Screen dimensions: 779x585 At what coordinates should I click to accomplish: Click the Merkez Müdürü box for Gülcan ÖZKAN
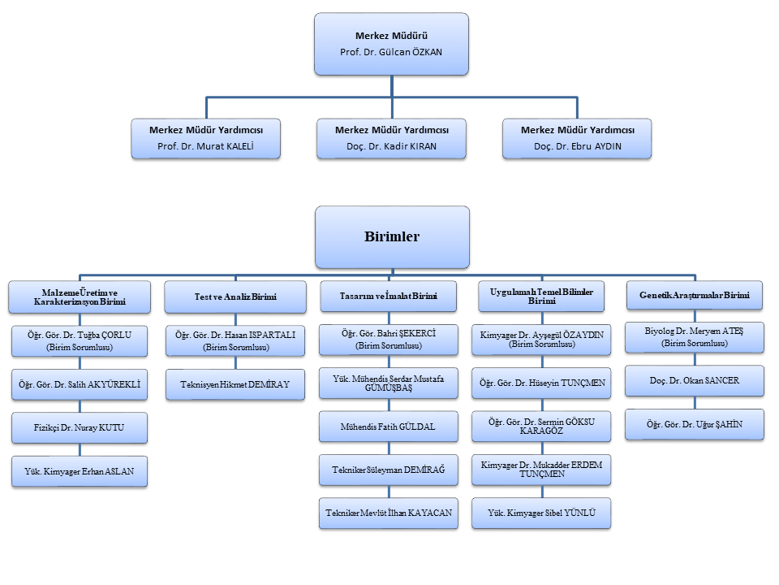click(391, 44)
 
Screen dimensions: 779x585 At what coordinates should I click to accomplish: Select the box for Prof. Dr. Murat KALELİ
click(205, 139)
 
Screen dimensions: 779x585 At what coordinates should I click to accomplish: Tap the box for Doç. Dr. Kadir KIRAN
click(391, 139)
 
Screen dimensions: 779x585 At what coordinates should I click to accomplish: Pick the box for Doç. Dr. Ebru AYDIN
click(577, 139)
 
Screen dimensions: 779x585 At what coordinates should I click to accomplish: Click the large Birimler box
click(392, 237)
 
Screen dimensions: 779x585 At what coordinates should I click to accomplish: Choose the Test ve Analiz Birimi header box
click(235, 297)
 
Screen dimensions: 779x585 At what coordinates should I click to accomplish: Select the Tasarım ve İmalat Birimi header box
click(389, 297)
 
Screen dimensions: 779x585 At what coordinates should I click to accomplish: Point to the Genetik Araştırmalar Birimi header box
click(695, 296)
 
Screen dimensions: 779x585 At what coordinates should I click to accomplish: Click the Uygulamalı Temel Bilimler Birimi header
click(541, 297)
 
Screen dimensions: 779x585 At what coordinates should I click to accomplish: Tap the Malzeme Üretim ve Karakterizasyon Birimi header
click(80, 297)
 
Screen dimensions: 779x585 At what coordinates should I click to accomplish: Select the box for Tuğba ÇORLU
click(80, 341)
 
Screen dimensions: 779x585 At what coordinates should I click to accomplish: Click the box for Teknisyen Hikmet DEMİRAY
click(235, 384)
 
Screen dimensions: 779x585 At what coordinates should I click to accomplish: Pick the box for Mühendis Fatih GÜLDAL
click(389, 427)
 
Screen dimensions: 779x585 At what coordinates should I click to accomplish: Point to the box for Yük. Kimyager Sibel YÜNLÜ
click(541, 513)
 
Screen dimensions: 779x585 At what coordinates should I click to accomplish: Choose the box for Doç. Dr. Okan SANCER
click(695, 381)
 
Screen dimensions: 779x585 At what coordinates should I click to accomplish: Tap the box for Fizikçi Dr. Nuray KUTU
click(80, 428)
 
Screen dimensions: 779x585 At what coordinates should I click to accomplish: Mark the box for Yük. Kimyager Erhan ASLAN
click(80, 471)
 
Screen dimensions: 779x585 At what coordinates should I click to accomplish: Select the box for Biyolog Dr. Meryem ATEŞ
click(695, 338)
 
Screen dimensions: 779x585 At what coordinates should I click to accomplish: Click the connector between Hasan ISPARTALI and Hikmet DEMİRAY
click(235, 363)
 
